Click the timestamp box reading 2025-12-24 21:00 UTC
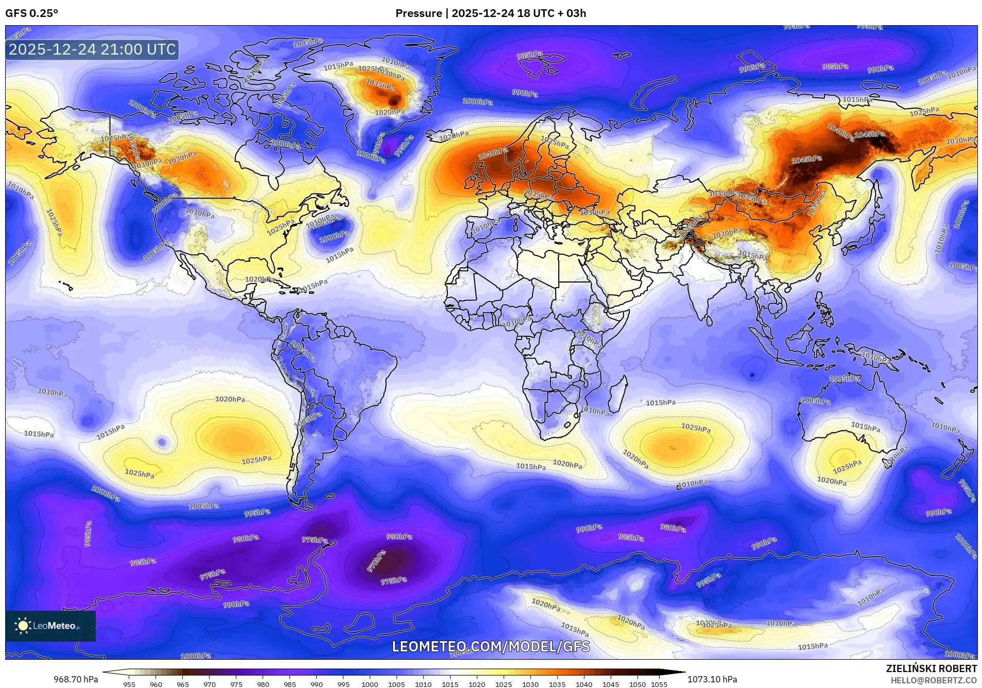(x=93, y=50)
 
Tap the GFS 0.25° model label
(x=32, y=13)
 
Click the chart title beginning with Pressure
(x=490, y=13)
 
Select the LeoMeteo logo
(x=50, y=626)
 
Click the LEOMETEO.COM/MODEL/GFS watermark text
(x=491, y=646)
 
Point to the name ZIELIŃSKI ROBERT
(x=931, y=668)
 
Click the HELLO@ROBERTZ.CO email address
(x=934, y=680)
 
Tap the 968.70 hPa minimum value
(x=76, y=679)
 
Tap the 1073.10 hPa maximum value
(x=712, y=679)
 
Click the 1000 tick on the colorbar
(x=370, y=684)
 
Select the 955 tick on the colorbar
(x=129, y=684)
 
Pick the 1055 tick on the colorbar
(x=659, y=684)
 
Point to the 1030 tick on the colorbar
(x=530, y=684)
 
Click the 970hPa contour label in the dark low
(x=376, y=562)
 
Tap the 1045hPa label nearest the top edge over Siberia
(x=870, y=135)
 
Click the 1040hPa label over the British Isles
(x=493, y=153)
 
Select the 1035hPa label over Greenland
(x=380, y=84)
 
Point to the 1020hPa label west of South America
(x=230, y=399)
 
